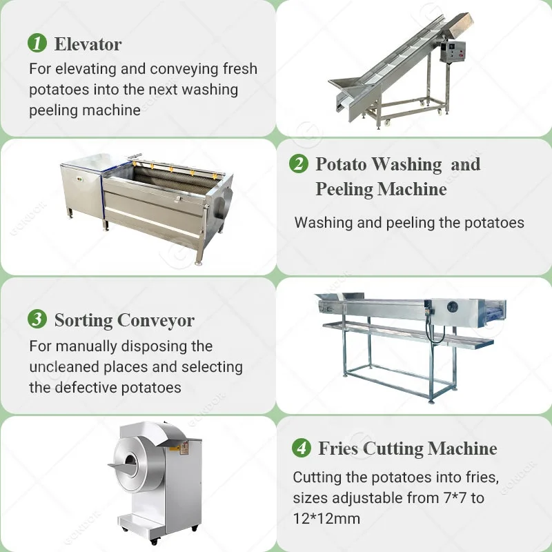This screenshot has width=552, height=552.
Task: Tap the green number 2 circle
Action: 298,164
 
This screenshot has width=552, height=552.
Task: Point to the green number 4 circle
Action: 301,448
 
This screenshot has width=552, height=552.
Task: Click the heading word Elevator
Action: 88,44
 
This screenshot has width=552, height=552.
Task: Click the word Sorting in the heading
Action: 83,321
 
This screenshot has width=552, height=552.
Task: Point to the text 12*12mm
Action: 326,519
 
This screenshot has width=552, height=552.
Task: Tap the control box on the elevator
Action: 451,50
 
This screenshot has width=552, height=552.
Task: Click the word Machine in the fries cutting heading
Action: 462,448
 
